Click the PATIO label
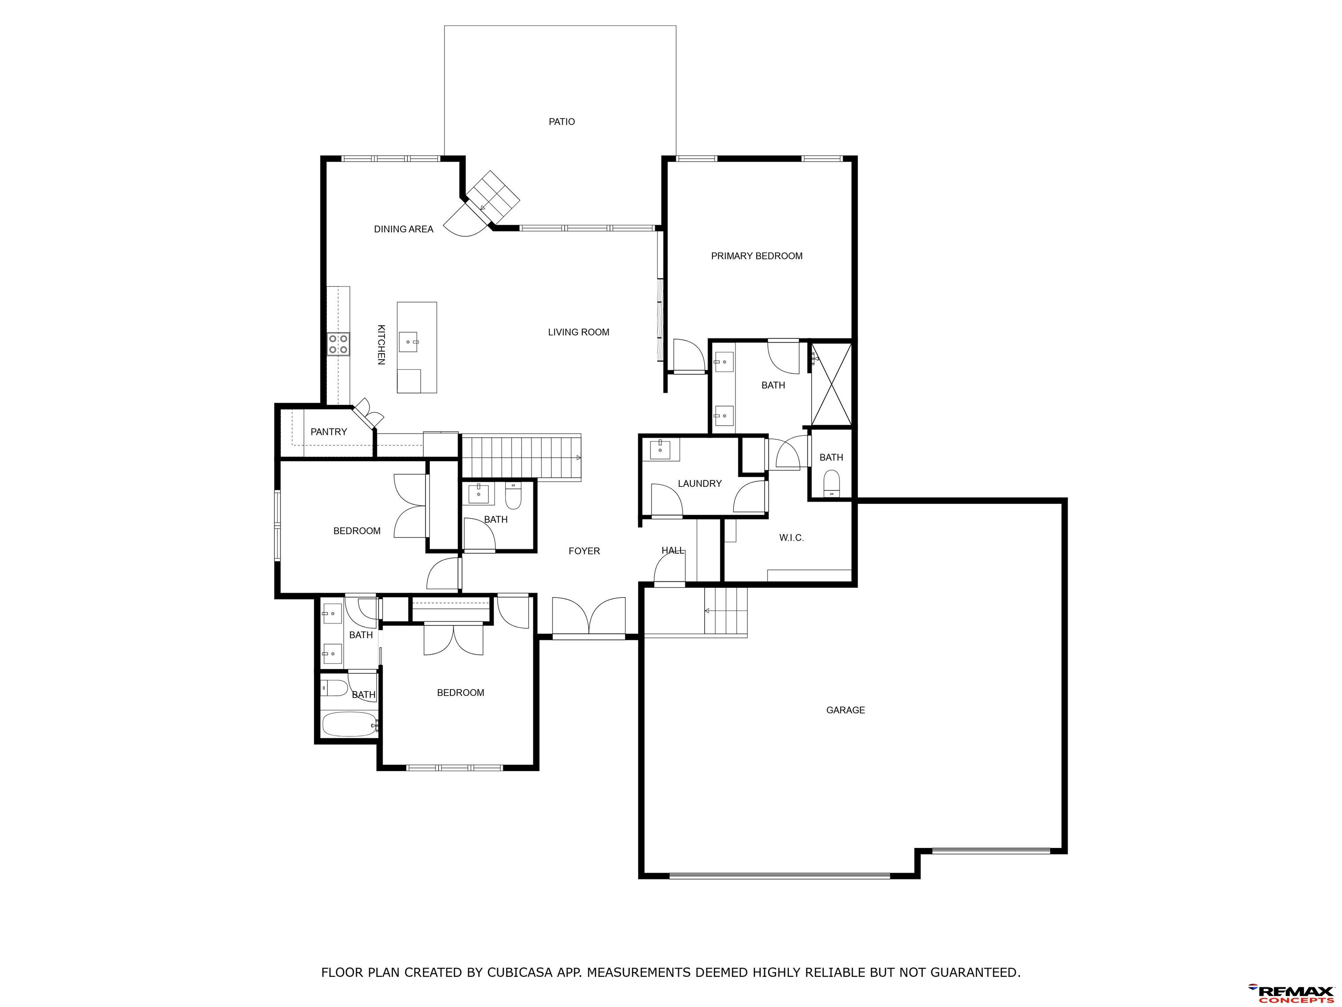click(x=562, y=122)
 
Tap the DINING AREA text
click(x=404, y=229)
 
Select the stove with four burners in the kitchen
click(x=339, y=344)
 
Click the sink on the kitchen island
click(x=408, y=342)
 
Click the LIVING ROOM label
click(x=579, y=333)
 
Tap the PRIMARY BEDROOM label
click(x=757, y=256)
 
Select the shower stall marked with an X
click(x=832, y=384)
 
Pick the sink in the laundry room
click(x=660, y=450)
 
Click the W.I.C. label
click(x=792, y=538)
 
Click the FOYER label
click(x=584, y=551)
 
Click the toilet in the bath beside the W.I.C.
click(x=831, y=484)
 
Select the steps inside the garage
click(x=725, y=611)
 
